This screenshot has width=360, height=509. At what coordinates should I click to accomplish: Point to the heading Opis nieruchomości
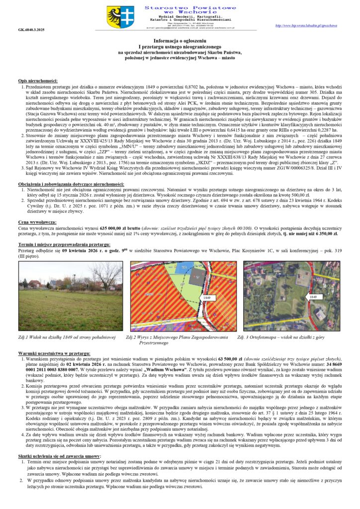(x=38, y=81)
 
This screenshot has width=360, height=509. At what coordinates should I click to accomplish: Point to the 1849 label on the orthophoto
(x=312, y=297)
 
